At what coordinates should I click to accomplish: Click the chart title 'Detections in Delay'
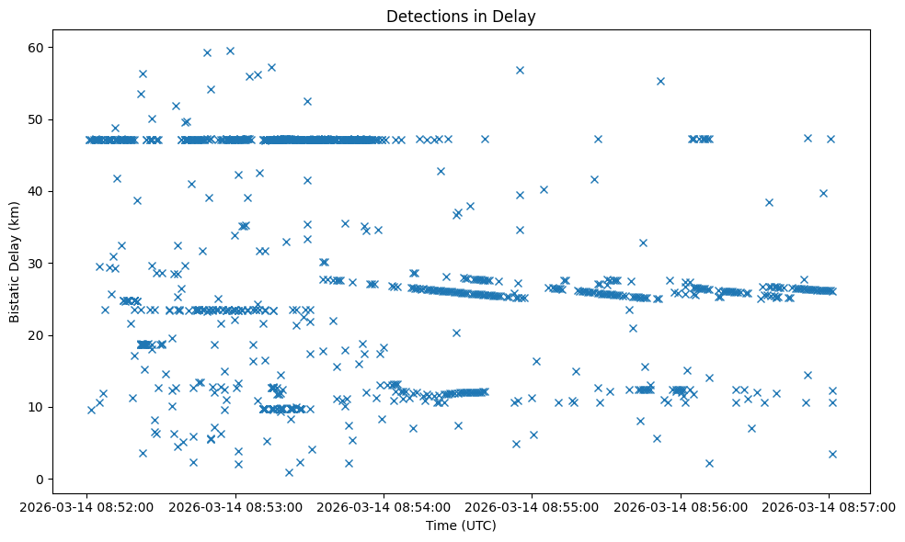(461, 17)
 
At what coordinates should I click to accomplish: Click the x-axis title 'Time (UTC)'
(461, 525)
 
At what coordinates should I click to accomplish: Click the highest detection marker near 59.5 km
(230, 51)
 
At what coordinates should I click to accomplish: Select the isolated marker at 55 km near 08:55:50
(660, 81)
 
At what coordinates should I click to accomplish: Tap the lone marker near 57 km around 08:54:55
(520, 70)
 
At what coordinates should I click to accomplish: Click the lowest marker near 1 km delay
(289, 472)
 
